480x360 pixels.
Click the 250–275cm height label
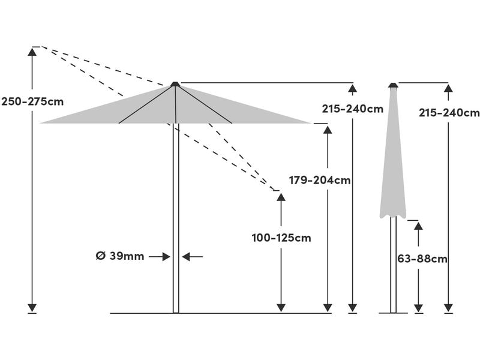tap(32, 101)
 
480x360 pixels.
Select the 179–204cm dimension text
tap(320, 181)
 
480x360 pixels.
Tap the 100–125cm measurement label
tap(281, 238)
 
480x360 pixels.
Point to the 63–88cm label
tap(422, 259)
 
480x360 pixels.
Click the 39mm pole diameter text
tap(127, 256)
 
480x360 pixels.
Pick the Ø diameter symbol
tap(101, 256)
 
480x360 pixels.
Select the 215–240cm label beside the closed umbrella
tap(449, 113)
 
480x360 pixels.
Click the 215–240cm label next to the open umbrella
tap(353, 109)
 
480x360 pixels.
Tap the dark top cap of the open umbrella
tap(175, 84)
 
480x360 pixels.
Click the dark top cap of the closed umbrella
tap(393, 85)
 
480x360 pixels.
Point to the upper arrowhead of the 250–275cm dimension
tap(32, 52)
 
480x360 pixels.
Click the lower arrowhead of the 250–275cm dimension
tap(32, 308)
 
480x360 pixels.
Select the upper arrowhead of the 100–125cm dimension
tap(281, 197)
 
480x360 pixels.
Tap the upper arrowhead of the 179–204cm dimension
tap(328, 130)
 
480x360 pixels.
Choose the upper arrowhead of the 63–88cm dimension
tap(418, 226)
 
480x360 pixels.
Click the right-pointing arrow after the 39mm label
tap(160, 257)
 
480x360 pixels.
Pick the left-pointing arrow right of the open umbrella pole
tap(192, 257)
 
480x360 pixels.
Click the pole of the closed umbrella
tap(393, 265)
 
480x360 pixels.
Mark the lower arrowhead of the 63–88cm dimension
tap(418, 308)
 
